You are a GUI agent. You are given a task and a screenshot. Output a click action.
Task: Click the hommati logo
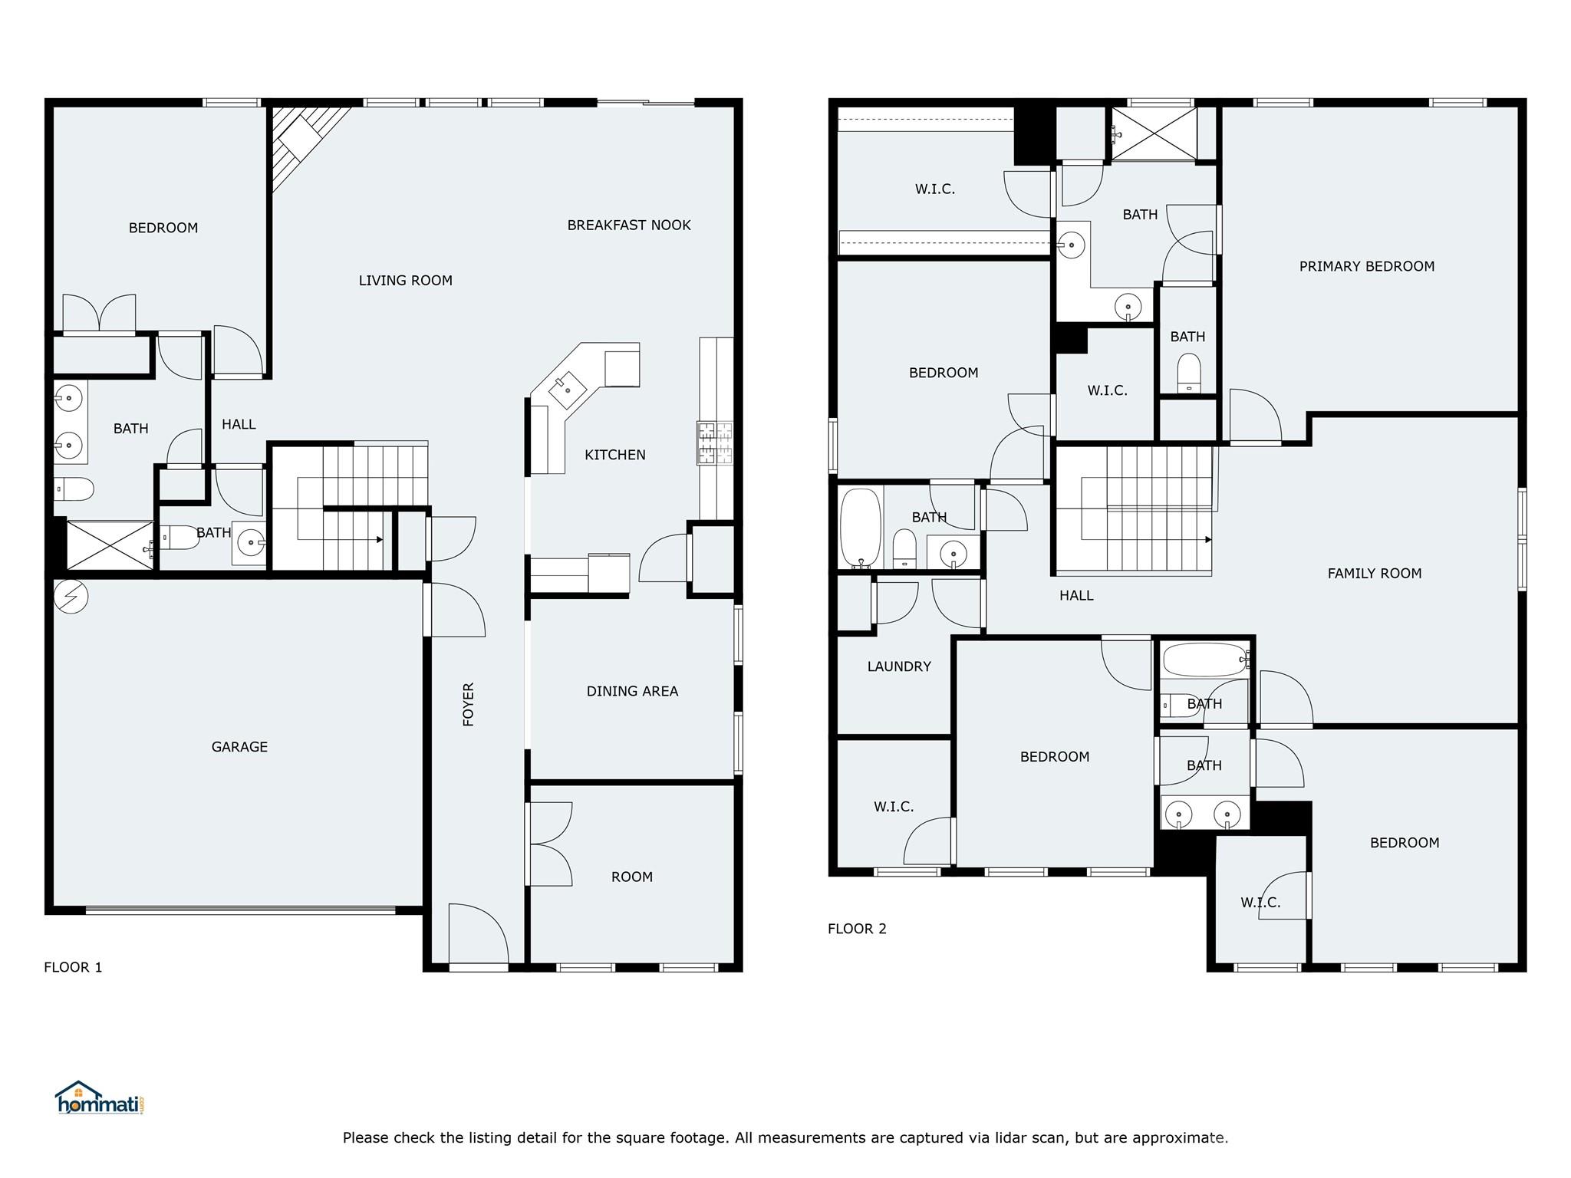[x=99, y=1098]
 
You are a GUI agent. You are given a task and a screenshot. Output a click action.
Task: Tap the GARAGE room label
[x=239, y=747]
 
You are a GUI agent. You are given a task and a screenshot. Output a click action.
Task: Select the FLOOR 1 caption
[x=73, y=967]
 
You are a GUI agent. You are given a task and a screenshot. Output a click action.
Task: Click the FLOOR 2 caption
[x=857, y=929]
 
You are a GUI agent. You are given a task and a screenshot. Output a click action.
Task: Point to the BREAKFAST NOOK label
[x=629, y=225]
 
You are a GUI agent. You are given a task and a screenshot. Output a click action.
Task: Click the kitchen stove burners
[x=714, y=443]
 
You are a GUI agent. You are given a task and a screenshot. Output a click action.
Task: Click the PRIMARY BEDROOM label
[x=1366, y=267]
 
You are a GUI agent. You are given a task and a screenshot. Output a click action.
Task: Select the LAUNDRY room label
[x=899, y=667]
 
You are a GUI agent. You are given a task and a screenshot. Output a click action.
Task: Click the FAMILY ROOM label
[x=1374, y=574]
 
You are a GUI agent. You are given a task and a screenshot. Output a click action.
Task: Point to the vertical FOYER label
[x=469, y=704]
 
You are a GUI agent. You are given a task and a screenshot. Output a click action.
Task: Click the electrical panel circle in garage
[x=71, y=597]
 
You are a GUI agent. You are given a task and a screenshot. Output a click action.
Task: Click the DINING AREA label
[x=632, y=692]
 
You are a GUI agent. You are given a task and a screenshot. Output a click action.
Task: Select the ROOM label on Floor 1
[x=632, y=877]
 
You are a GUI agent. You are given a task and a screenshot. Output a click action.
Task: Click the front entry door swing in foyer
[x=477, y=934]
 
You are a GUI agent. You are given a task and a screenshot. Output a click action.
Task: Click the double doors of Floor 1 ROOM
[x=548, y=844]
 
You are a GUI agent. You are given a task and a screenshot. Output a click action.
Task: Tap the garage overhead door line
[x=240, y=910]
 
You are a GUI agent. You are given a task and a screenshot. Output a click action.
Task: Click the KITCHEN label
[x=614, y=456]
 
